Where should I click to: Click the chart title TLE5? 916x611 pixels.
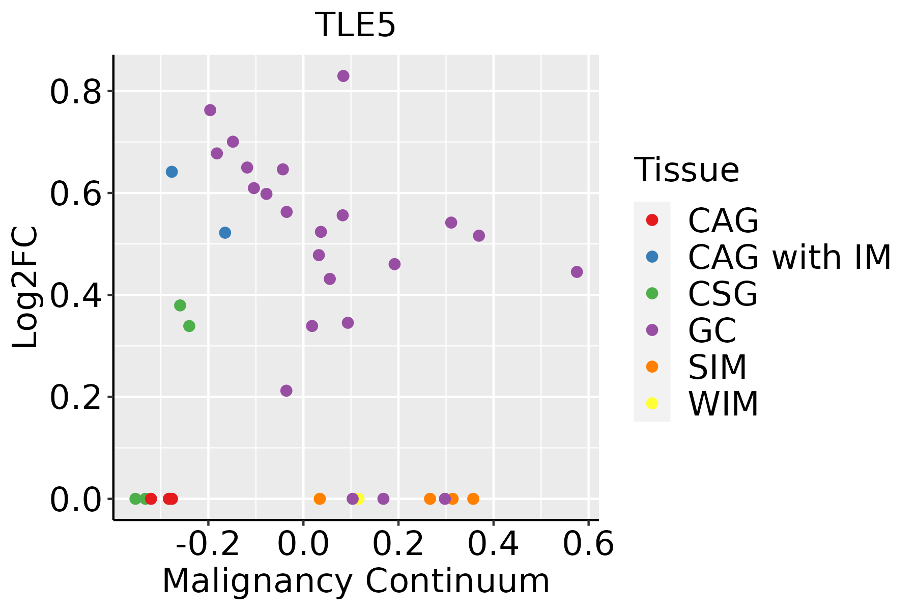pyautogui.click(x=355, y=25)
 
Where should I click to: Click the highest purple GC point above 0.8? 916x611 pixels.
pyautogui.click(x=343, y=76)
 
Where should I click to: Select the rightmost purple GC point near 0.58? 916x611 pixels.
pyautogui.click(x=577, y=272)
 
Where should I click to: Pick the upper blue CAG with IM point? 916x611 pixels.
pyautogui.click(x=172, y=172)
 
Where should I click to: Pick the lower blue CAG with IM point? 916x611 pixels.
pyautogui.click(x=225, y=233)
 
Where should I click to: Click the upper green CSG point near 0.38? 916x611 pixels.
pyautogui.click(x=180, y=305)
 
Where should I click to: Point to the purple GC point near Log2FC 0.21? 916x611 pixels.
pyautogui.click(x=287, y=391)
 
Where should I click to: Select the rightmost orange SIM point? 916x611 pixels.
pyautogui.click(x=473, y=498)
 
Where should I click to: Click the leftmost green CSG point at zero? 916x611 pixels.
pyautogui.click(x=135, y=498)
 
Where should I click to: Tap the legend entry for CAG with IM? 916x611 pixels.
pyautogui.click(x=789, y=257)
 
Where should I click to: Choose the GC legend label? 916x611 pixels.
pyautogui.click(x=712, y=330)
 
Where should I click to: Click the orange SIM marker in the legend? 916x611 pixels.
pyautogui.click(x=652, y=367)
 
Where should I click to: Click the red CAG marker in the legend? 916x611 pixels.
pyautogui.click(x=652, y=220)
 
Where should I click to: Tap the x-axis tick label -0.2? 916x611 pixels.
pyautogui.click(x=208, y=544)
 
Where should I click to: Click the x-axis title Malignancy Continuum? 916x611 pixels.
pyautogui.click(x=356, y=581)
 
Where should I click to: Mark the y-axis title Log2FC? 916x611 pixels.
pyautogui.click(x=25, y=288)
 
